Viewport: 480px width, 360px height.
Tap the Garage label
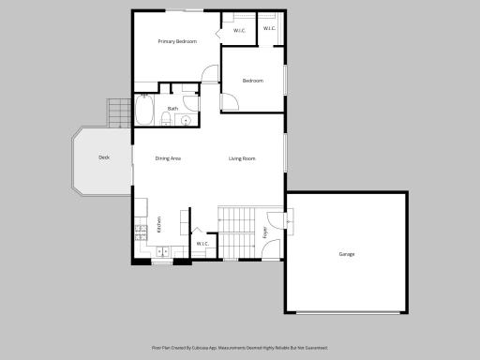click(347, 254)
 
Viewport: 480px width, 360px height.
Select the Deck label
click(104, 157)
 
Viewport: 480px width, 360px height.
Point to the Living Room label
click(242, 158)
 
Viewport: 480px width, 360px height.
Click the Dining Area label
click(168, 158)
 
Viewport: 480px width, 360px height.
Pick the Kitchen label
click(159, 224)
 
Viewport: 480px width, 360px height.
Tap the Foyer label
click(265, 232)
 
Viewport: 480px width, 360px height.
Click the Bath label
click(172, 109)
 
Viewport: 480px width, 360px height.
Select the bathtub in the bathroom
click(145, 112)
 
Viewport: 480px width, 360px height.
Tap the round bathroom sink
click(186, 120)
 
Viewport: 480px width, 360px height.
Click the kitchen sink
click(161, 251)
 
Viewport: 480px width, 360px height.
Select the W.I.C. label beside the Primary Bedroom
click(238, 31)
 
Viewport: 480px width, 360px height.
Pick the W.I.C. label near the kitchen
click(202, 246)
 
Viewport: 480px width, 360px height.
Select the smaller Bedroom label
click(253, 81)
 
